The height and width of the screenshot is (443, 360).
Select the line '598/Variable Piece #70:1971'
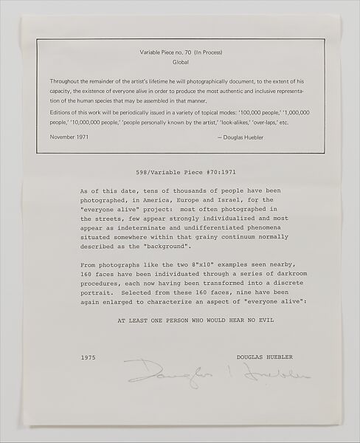click(x=179, y=168)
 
